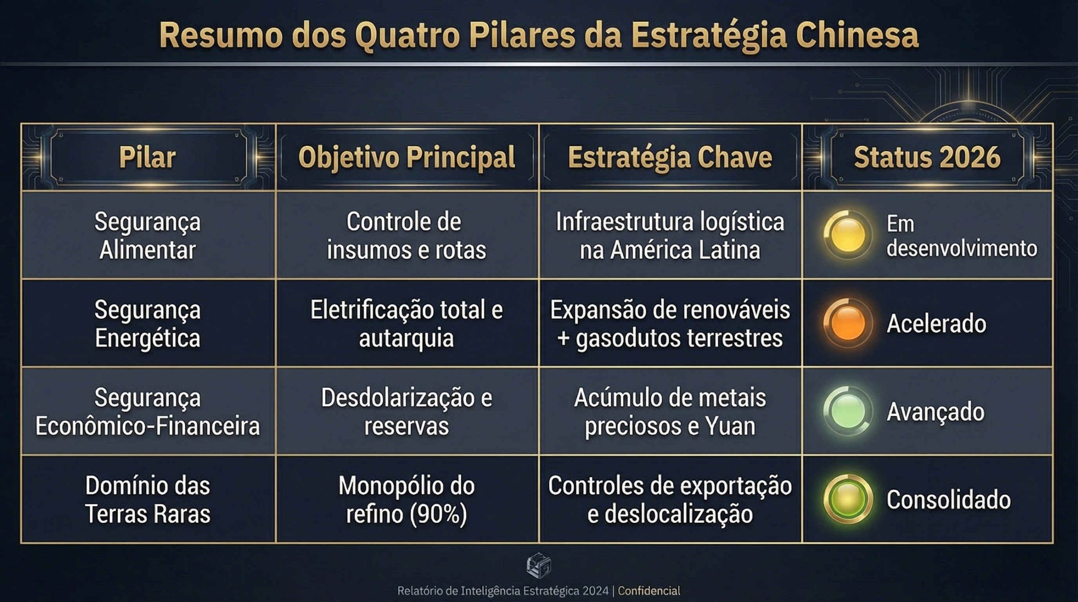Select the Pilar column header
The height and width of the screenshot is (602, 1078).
tap(147, 157)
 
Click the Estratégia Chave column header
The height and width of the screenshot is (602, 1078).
tap(670, 157)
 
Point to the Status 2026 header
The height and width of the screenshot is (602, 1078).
tap(927, 157)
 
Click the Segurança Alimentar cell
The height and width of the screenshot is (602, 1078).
tap(148, 235)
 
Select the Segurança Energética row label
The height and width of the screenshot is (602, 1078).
tap(148, 324)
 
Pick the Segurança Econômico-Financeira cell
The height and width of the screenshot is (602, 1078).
tap(148, 412)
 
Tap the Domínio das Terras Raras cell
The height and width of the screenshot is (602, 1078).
tap(148, 500)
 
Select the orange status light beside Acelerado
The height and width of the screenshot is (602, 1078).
tap(847, 324)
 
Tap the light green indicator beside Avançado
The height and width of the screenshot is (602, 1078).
tap(847, 411)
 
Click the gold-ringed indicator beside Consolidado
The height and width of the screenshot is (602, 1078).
tap(847, 499)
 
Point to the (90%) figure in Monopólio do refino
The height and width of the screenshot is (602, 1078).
tap(438, 514)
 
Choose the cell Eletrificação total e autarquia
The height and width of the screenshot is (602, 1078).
tap(407, 324)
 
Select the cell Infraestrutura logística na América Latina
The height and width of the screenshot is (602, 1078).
tap(670, 235)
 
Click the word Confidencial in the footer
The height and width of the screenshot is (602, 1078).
tap(649, 591)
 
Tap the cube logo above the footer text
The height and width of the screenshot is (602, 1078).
tap(539, 565)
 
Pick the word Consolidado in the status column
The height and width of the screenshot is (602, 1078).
tap(949, 500)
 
